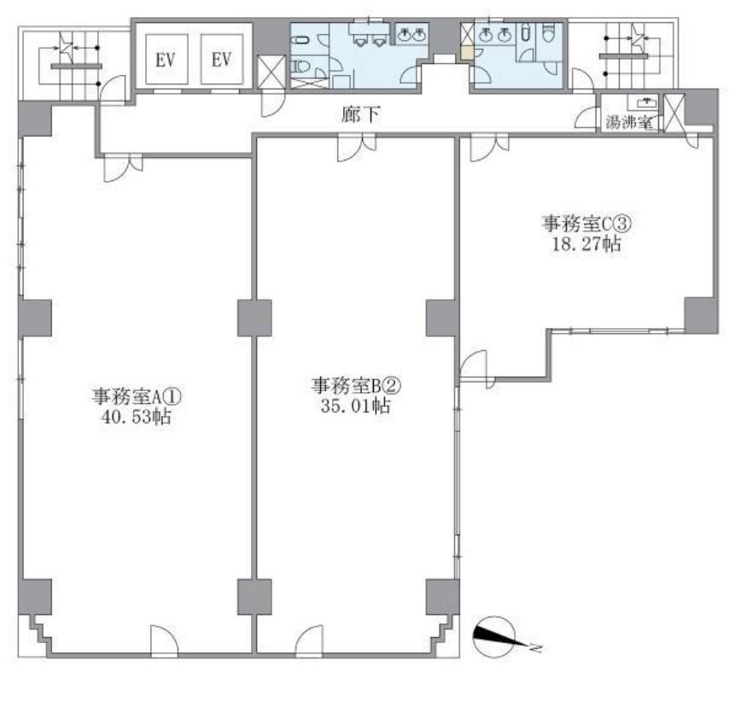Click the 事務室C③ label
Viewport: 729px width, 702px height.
[x=586, y=224]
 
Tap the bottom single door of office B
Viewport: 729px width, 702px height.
[x=310, y=641]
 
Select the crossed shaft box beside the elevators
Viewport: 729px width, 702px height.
[x=272, y=71]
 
